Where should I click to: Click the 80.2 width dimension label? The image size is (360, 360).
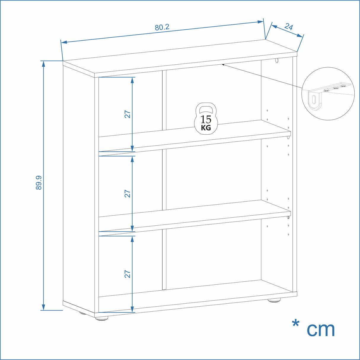click(162, 27)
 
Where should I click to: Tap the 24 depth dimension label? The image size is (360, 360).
click(289, 27)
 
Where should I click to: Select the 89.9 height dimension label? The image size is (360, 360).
click(39, 183)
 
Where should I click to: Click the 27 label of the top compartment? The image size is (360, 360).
click(128, 114)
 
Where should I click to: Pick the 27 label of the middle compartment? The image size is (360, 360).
click(128, 194)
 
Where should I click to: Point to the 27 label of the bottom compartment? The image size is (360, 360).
click(128, 274)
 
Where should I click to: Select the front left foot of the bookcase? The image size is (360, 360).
click(101, 318)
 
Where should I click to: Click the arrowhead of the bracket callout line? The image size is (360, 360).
click(223, 65)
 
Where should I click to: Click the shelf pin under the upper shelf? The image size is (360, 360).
click(288, 137)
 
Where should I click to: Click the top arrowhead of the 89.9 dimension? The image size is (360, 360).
click(44, 64)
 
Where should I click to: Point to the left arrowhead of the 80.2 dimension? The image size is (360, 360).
click(64, 42)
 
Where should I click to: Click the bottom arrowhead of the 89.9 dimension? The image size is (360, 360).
click(44, 307)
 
